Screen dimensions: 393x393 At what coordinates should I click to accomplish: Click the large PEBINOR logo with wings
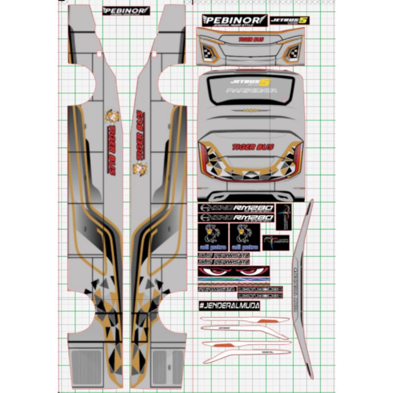234,20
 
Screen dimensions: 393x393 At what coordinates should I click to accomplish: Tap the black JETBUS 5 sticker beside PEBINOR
289,20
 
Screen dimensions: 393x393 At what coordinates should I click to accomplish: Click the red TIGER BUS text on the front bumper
251,39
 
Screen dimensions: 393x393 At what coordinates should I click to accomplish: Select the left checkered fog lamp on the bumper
208,52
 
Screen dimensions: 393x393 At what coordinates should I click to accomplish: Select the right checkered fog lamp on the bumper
293,52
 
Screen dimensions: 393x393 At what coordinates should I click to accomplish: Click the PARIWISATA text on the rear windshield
251,91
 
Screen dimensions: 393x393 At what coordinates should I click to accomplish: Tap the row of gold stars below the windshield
251,111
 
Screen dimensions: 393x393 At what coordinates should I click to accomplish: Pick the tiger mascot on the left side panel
112,117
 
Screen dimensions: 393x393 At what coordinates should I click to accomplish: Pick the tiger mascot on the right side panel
140,168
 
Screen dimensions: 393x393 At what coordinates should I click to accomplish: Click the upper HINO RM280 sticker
236,208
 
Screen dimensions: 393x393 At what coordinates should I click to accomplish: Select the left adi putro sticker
213,237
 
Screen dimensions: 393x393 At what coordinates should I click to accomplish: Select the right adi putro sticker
245,237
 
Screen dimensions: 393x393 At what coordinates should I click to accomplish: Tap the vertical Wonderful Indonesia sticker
284,217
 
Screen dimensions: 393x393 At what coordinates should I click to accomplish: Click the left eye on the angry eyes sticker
217,271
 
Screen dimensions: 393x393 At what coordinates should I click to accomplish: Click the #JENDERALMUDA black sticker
229,305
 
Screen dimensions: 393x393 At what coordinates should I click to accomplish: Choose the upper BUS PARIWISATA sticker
224,255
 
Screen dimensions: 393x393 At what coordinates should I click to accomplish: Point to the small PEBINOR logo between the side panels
126,11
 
